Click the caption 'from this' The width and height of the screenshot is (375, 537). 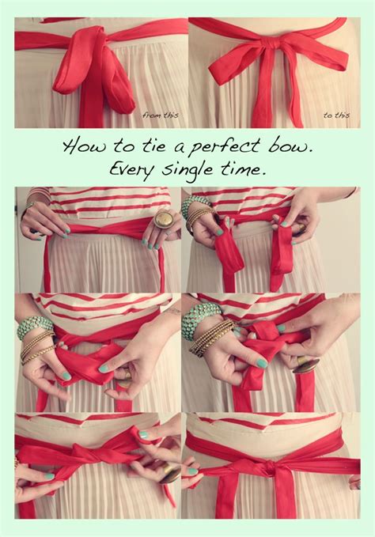[160, 115]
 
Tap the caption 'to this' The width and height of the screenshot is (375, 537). [336, 115]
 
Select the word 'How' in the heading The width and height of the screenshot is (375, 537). [79, 147]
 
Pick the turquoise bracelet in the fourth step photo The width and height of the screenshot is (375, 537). [199, 318]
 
